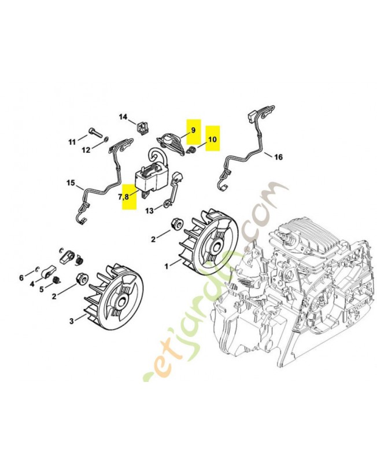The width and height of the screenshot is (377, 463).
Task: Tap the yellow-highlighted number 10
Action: [213, 139]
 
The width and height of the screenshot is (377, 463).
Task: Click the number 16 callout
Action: [278, 157]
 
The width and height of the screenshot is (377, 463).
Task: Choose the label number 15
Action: [71, 184]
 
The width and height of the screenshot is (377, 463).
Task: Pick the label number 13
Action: [149, 210]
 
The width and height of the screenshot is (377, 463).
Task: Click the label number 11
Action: [72, 142]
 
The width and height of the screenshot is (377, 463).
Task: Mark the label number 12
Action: [86, 150]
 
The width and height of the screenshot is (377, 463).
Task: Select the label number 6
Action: [21, 278]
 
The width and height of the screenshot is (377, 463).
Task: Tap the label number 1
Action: [168, 266]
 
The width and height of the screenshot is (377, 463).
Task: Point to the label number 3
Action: [72, 320]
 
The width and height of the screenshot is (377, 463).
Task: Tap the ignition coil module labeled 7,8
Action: [154, 176]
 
